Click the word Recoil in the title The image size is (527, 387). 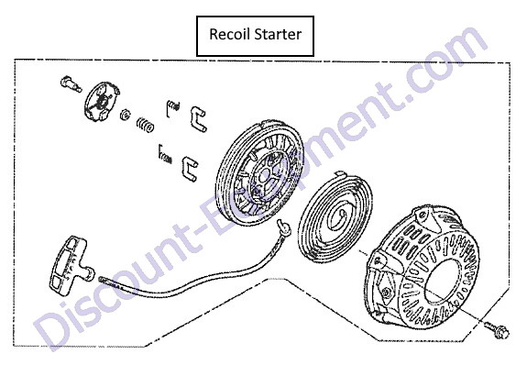point(230,34)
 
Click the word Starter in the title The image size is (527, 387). point(278,34)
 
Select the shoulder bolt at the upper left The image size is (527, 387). point(71,84)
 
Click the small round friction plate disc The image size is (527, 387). point(101,100)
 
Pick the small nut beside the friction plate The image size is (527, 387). point(125,115)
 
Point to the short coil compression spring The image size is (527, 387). point(145,125)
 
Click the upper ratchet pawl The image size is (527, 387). point(198,118)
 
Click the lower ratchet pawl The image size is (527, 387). point(190,169)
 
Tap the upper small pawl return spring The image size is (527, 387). point(172,108)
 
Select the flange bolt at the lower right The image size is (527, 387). point(497,329)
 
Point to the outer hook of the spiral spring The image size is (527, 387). point(340,174)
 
